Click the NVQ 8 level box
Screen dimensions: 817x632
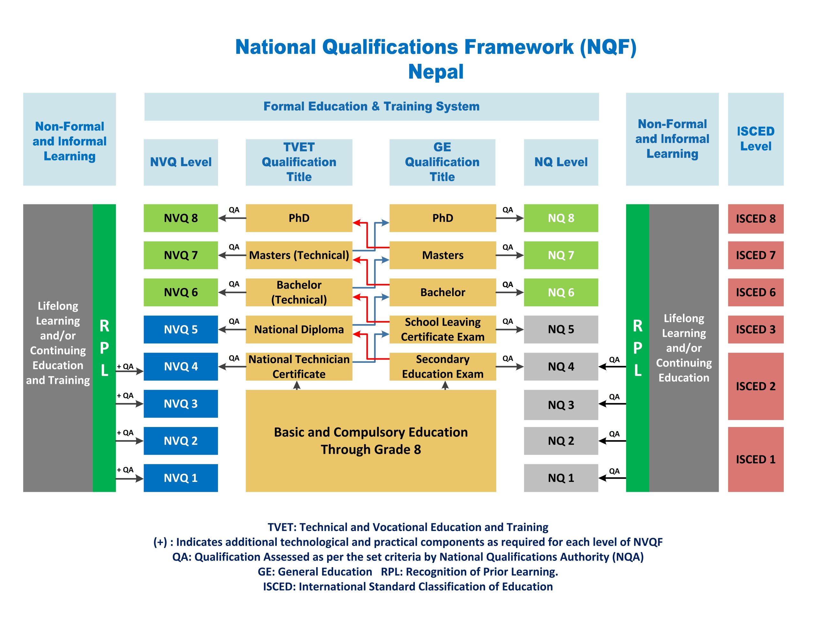click(181, 218)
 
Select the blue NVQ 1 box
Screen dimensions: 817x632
click(181, 478)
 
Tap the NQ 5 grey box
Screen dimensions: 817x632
click(561, 329)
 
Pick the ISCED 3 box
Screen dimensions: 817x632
click(756, 329)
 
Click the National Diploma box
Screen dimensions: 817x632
click(299, 329)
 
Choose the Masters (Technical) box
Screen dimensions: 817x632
click(299, 255)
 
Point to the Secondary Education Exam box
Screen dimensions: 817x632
click(443, 367)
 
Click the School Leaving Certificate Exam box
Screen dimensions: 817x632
click(443, 329)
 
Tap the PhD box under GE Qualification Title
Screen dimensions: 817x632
click(443, 218)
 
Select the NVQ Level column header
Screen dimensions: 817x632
click(181, 162)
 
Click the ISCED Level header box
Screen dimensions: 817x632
click(756, 139)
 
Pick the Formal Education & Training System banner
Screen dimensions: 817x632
click(371, 106)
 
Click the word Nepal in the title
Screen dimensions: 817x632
click(436, 72)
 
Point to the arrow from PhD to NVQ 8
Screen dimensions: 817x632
click(232, 218)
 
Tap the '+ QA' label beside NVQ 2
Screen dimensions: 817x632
click(125, 432)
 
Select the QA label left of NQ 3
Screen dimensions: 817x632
click(614, 397)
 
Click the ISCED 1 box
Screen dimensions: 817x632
click(756, 460)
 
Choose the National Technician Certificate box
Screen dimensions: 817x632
click(299, 367)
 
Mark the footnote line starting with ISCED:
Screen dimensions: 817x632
click(408, 586)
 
